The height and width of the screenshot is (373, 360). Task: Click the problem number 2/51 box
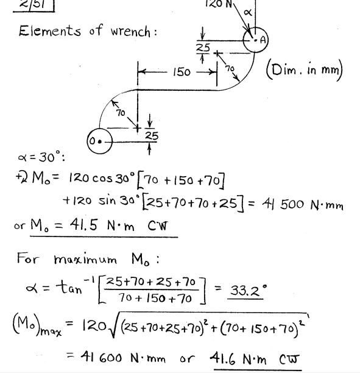pyautogui.click(x=34, y=5)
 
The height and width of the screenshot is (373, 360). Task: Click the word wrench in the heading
pyautogui.click(x=130, y=32)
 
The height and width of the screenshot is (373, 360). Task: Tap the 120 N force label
pyautogui.click(x=219, y=4)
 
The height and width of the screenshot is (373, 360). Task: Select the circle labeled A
pyautogui.click(x=256, y=40)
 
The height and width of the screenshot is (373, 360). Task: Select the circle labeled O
pyautogui.click(x=99, y=141)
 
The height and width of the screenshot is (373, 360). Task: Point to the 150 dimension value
pyautogui.click(x=182, y=72)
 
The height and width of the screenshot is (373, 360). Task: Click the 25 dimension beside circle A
pyautogui.click(x=203, y=48)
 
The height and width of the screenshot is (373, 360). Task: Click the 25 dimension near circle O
pyautogui.click(x=152, y=136)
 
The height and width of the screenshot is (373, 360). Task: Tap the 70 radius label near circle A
pyautogui.click(x=230, y=68)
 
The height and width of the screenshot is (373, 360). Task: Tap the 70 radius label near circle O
pyautogui.click(x=121, y=113)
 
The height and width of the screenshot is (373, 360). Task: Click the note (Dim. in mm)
pyautogui.click(x=305, y=71)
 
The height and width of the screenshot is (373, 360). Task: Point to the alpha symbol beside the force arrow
pyautogui.click(x=248, y=12)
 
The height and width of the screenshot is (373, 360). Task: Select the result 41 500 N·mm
pyautogui.click(x=303, y=204)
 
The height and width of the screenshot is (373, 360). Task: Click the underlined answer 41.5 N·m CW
pyautogui.click(x=119, y=225)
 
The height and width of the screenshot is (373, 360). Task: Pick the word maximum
pyautogui.click(x=85, y=259)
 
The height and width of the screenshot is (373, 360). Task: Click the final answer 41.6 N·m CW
pyautogui.click(x=254, y=359)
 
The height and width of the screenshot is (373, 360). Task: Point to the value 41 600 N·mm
pyautogui.click(x=123, y=357)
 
